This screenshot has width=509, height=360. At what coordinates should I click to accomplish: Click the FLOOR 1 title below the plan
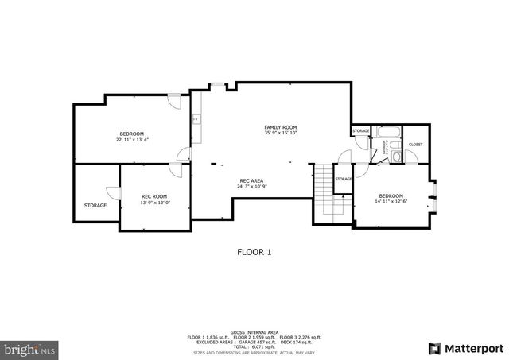tap(254, 252)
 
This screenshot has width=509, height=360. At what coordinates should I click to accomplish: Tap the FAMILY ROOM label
tap(281, 127)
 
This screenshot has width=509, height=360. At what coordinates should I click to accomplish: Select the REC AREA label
tap(251, 181)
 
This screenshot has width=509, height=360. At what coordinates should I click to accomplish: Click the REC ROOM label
tap(154, 196)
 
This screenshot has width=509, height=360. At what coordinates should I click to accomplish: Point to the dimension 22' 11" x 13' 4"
tap(132, 140)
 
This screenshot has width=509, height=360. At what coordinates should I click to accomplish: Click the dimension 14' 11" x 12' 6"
tap(390, 202)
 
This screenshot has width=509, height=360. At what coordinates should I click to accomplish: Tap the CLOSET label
tap(415, 145)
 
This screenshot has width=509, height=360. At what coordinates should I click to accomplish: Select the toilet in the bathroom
tap(395, 157)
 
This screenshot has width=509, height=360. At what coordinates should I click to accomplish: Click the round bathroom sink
tap(386, 147)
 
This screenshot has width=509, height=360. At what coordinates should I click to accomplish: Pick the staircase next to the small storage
tap(324, 194)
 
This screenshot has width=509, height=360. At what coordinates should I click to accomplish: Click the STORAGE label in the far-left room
tap(95, 206)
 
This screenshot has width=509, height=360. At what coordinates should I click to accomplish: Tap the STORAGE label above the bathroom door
tap(361, 130)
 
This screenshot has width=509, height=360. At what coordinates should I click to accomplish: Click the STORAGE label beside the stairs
tap(344, 180)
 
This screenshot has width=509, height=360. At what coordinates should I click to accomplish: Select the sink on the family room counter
tap(196, 121)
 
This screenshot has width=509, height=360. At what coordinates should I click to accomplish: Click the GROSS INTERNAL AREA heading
tap(254, 332)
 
